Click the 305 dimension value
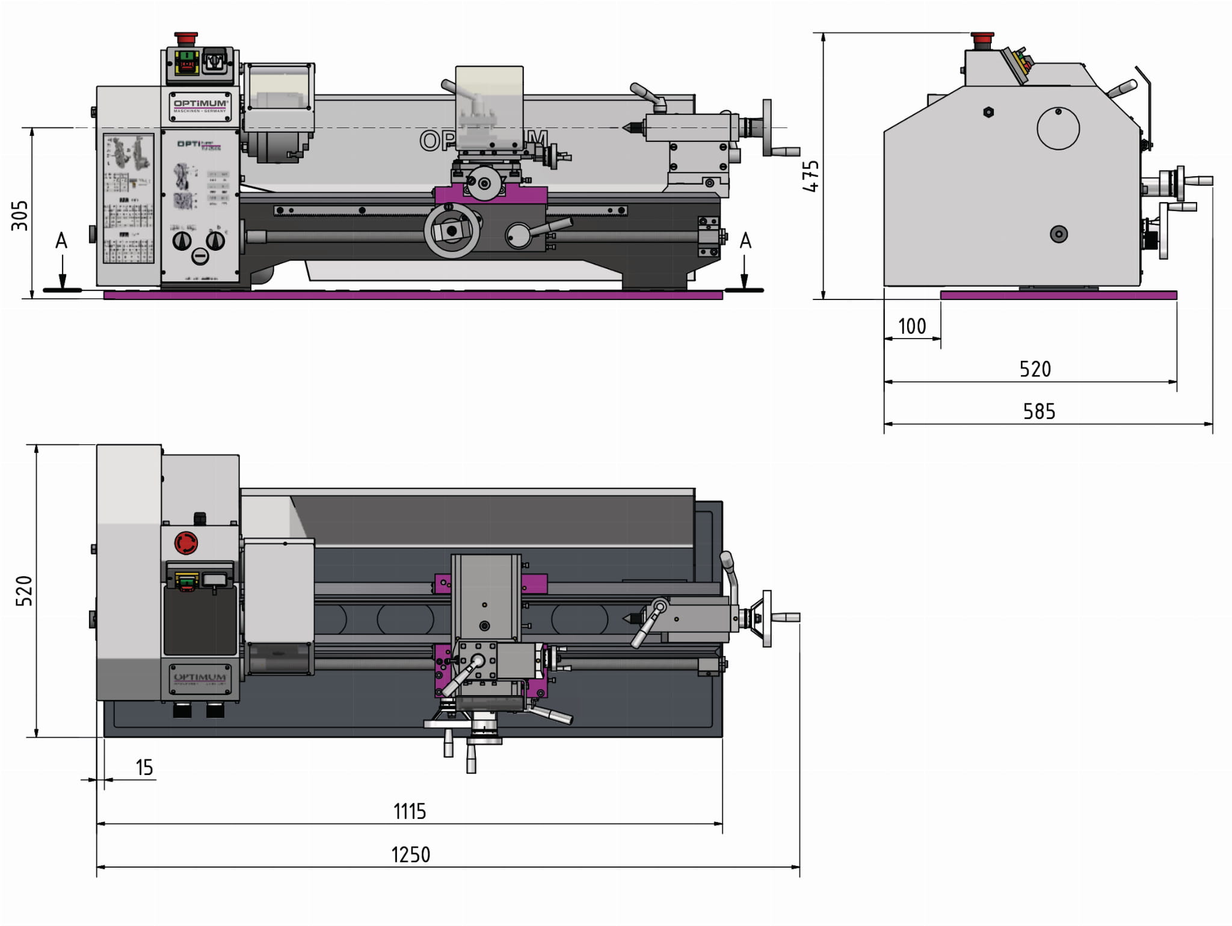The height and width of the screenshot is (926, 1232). [20, 215]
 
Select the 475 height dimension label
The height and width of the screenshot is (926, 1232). [811, 176]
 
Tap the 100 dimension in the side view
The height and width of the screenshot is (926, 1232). [911, 327]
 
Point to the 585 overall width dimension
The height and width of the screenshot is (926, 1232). [1039, 412]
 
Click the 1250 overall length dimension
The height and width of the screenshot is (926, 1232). [410, 854]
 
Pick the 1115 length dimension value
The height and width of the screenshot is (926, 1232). [410, 812]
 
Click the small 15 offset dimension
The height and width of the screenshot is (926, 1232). [144, 768]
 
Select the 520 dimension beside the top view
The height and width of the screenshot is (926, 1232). [24, 590]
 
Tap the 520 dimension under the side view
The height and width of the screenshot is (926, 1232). [1035, 369]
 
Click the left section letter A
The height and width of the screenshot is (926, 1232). [61, 241]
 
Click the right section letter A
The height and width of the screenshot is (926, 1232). [745, 241]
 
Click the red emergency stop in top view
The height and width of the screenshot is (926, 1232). [186, 542]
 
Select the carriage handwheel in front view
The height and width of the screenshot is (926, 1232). [452, 231]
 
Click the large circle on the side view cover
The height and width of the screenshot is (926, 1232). [1058, 128]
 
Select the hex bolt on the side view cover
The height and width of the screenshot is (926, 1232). [988, 112]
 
